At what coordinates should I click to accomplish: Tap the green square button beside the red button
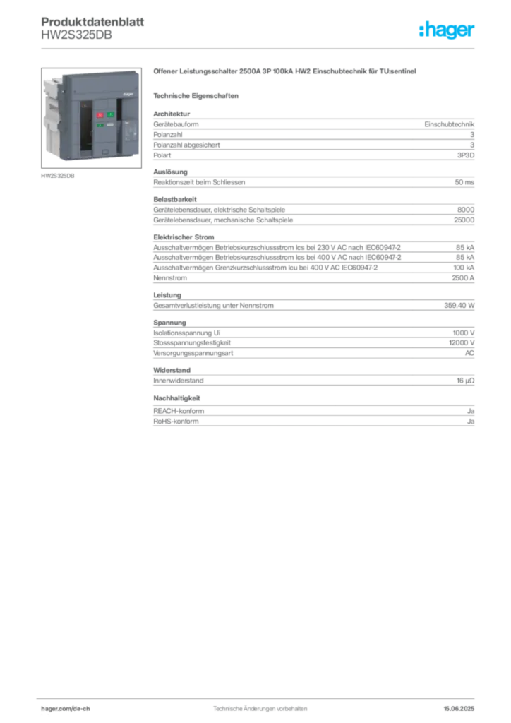tap(111, 114)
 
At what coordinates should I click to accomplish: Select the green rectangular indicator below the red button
tap(100, 126)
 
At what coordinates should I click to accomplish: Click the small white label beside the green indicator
tap(111, 125)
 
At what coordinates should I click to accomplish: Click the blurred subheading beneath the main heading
tap(198, 95)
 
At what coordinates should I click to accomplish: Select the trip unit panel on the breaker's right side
tap(130, 131)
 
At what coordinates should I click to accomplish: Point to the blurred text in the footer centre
tap(260, 706)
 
